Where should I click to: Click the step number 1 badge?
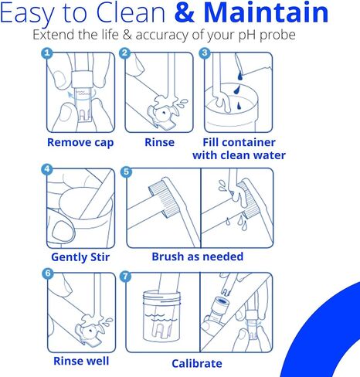point(47,53)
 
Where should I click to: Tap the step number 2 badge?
point(125,53)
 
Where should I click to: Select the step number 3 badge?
point(205,53)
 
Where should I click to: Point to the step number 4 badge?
point(47,169)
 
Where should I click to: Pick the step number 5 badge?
point(126,172)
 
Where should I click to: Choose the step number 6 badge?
point(48,273)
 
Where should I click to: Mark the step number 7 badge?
point(125,277)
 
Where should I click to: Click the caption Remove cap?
point(80,143)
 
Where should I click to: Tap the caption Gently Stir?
point(80,257)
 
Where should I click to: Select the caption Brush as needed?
point(198,256)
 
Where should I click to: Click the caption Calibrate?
point(197,364)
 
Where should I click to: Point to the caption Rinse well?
point(81,361)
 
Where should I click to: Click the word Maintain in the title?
point(266,12)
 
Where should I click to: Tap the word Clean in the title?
point(131,12)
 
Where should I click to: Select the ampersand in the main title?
point(185,13)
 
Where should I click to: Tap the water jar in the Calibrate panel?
point(161,315)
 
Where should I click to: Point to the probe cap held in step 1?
point(82,79)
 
